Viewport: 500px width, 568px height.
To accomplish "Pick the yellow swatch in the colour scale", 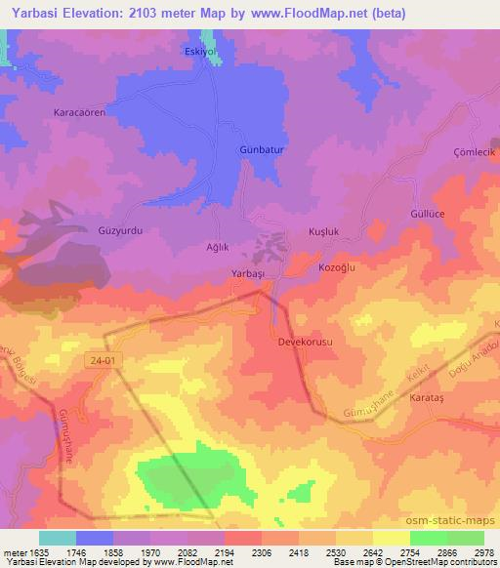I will (x=392, y=538).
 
